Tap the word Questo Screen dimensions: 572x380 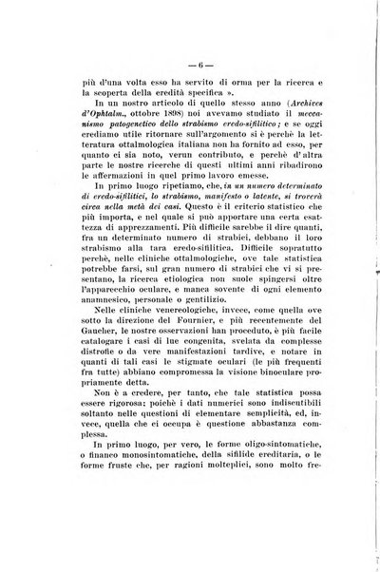tap(238, 264)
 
